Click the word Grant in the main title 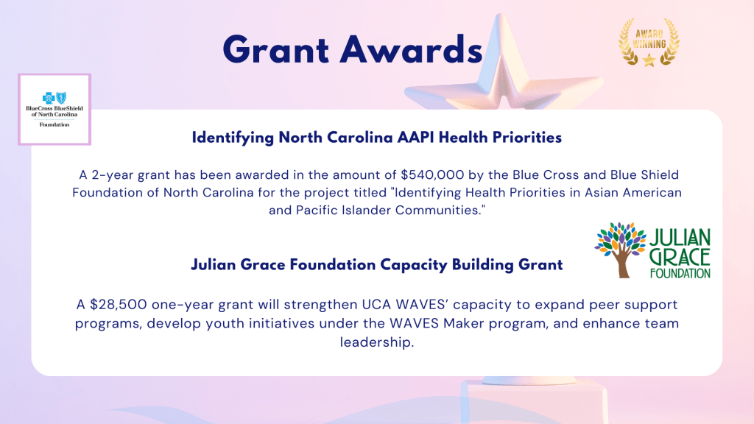click(276, 49)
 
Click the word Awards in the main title click(411, 49)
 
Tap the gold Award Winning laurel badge click(649, 42)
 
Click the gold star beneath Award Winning click(649, 60)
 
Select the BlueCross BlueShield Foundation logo click(54, 109)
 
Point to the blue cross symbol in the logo click(49, 98)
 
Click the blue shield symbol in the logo click(61, 98)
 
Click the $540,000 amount click(432, 175)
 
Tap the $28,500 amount click(119, 305)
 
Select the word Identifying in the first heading click(233, 138)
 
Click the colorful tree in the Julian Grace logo click(620, 250)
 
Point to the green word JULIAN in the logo click(680, 239)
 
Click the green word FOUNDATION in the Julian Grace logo click(680, 273)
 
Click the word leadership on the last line click(376, 342)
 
